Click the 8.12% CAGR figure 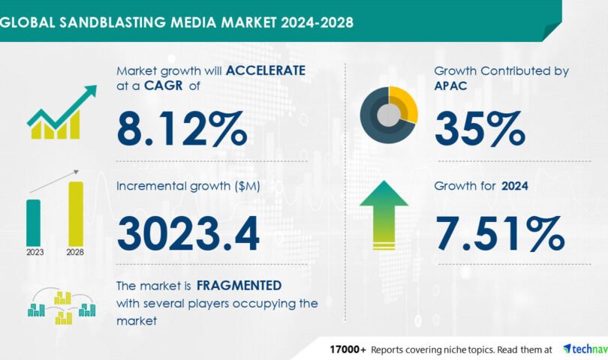click(x=182, y=129)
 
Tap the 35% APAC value click(x=480, y=129)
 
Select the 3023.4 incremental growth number click(x=188, y=234)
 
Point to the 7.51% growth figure click(x=500, y=234)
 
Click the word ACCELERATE click(x=266, y=70)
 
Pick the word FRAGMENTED click(x=239, y=286)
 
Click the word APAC click(x=450, y=85)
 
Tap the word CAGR click(x=163, y=85)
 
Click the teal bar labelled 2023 click(x=33, y=223)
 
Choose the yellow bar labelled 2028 click(x=76, y=214)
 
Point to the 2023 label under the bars click(x=35, y=252)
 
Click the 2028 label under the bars click(x=75, y=252)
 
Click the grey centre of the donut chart click(x=389, y=115)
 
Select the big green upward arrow click(x=384, y=215)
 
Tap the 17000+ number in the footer click(x=348, y=349)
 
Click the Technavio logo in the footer click(x=585, y=349)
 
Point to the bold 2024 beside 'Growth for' click(x=515, y=186)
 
